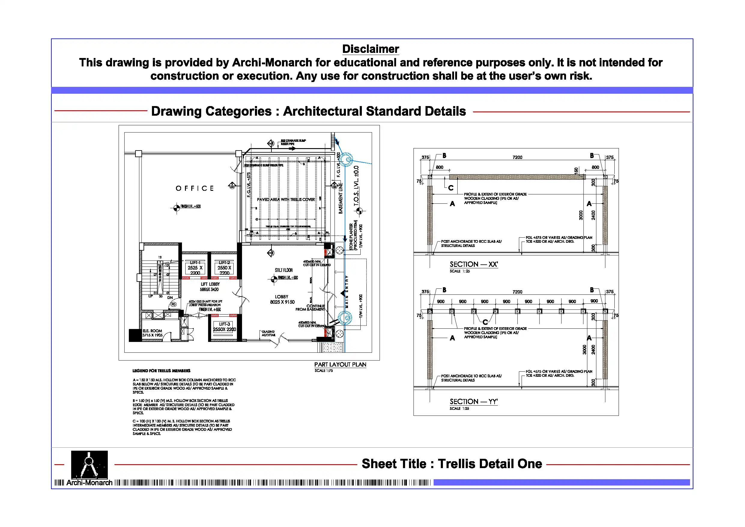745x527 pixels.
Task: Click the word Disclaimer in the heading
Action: coord(370,49)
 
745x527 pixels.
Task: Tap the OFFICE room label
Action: coord(195,188)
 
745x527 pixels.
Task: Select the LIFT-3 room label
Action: coord(224,324)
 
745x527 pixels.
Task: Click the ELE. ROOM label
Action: coord(152,331)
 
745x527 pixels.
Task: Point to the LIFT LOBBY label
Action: coord(210,284)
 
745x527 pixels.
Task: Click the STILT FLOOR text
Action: coord(283,270)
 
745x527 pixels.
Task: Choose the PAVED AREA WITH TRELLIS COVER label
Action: coord(286,200)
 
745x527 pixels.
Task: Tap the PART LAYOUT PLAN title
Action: coord(340,365)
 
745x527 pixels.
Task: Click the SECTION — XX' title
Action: coord(474,264)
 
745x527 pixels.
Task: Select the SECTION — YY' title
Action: coord(474,402)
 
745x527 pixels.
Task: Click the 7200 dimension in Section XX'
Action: coord(517,157)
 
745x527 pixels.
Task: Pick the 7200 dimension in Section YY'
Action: coord(517,292)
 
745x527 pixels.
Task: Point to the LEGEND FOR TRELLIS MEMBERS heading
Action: coord(161,371)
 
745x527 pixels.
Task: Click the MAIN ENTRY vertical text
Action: coord(347,291)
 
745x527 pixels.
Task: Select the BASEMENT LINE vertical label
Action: coord(341,198)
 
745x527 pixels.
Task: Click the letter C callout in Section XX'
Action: coord(451,188)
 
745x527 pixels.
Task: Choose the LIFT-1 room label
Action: coord(195,262)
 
